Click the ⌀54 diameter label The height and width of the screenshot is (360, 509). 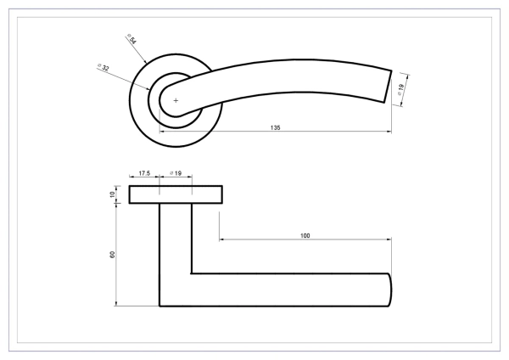pyautogui.click(x=131, y=39)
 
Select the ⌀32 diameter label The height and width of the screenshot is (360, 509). pyautogui.click(x=103, y=67)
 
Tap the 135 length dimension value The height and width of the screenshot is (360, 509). pyautogui.click(x=275, y=127)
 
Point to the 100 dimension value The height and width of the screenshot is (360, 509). pyautogui.click(x=305, y=235)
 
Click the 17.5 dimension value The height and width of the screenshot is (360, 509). pyautogui.click(x=144, y=173)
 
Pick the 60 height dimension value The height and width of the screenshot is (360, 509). pyautogui.click(x=112, y=255)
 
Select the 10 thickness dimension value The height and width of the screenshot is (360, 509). pyautogui.click(x=112, y=194)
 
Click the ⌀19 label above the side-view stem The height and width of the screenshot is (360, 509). pyautogui.click(x=176, y=173)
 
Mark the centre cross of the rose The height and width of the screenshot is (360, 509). pyautogui.click(x=176, y=101)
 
